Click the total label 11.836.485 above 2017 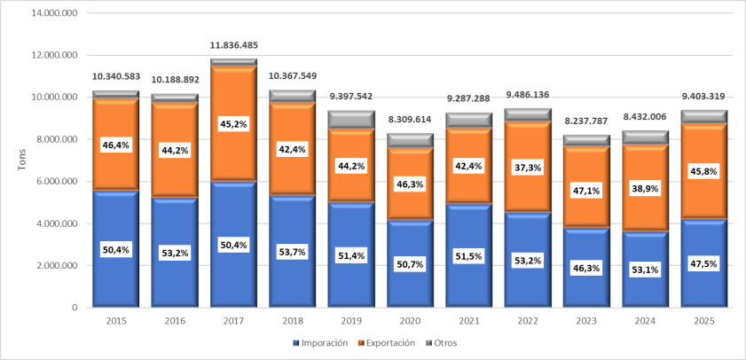pyautogui.click(x=233, y=45)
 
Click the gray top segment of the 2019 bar pyautogui.click(x=350, y=119)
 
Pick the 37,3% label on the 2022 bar pyautogui.click(x=527, y=168)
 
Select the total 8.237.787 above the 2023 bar pyautogui.click(x=585, y=121)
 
